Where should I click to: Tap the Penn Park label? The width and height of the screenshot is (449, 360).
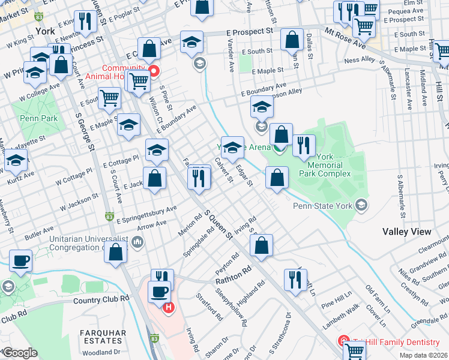[x=37, y=118]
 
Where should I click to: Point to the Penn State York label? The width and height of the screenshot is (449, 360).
[x=323, y=206]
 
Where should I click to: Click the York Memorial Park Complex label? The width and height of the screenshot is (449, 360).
[x=328, y=164]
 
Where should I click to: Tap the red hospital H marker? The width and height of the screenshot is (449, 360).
[x=169, y=307]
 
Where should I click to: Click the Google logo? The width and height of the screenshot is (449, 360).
[x=19, y=353]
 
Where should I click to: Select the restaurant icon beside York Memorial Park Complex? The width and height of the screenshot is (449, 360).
[x=304, y=146]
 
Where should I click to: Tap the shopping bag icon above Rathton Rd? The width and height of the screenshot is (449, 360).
[x=262, y=246]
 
